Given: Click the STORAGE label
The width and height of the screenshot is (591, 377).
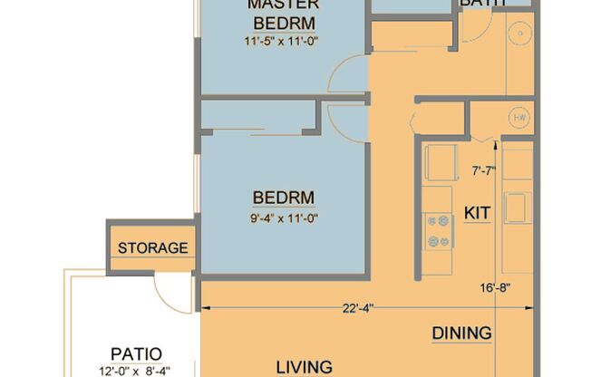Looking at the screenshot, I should coord(152,248).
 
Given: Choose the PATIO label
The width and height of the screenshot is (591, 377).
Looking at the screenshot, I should coord(136,353).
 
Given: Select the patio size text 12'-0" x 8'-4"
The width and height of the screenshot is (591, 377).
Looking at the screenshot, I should coord(136,370).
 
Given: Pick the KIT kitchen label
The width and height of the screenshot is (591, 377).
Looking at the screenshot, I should coord(477,213).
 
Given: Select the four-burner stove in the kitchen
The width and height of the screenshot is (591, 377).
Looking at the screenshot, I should coord(438,230).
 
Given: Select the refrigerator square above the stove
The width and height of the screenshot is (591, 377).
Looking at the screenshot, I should coord(441,163).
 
